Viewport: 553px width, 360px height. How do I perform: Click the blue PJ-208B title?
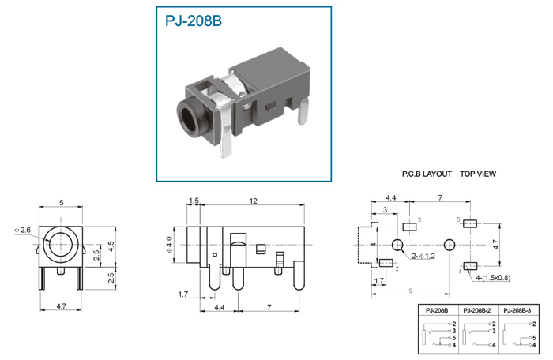pyautogui.click(x=194, y=21)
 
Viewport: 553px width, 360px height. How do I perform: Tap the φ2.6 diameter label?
pyautogui.click(x=23, y=231)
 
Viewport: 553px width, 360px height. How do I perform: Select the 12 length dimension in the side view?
pyautogui.click(x=254, y=201)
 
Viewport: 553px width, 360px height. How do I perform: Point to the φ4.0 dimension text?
pyautogui.click(x=169, y=245)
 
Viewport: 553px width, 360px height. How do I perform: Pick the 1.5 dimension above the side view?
pyautogui.click(x=194, y=201)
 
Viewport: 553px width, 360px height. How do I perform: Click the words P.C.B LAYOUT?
pyautogui.click(x=427, y=174)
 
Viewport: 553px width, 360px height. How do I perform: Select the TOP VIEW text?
pyautogui.click(x=478, y=174)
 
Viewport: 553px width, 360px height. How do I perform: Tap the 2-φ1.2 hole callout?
pyautogui.click(x=423, y=256)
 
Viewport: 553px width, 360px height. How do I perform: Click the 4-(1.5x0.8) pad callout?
pyautogui.click(x=493, y=278)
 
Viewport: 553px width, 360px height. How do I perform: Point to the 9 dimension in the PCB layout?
pyautogui.click(x=411, y=291)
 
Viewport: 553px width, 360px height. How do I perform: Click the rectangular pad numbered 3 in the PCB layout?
pyautogui.click(x=409, y=227)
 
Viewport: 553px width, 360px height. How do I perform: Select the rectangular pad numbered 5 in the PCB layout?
pyautogui.click(x=470, y=223)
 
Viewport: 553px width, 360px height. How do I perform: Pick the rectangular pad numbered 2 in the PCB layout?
pyautogui.click(x=386, y=263)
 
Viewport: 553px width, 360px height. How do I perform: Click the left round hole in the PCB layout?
pyautogui.click(x=397, y=245)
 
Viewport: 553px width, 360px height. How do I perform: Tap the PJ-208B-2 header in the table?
pyautogui.click(x=477, y=310)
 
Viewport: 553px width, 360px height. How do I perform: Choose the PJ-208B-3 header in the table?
pyautogui.click(x=517, y=310)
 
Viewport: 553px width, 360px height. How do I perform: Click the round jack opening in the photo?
pyautogui.click(x=190, y=118)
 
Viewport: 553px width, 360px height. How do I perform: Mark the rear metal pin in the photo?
pyautogui.click(x=303, y=111)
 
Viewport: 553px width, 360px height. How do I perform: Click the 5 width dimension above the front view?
pyautogui.click(x=62, y=203)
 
